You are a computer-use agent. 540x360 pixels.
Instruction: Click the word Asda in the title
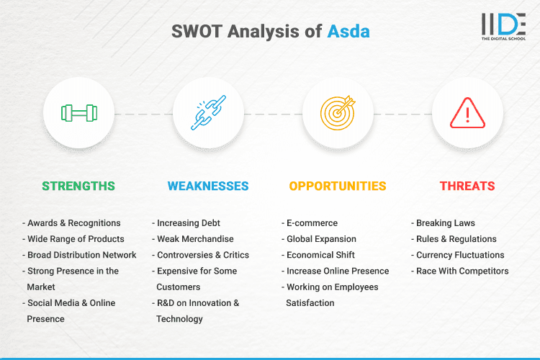point(348,32)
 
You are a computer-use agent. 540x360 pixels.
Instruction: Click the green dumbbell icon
point(78,113)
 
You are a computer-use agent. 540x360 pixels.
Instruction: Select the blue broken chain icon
point(208,113)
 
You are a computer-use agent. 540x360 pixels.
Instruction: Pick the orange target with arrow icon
point(338,113)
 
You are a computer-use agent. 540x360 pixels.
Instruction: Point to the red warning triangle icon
point(467,113)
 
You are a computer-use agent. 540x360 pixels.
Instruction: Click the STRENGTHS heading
point(78,186)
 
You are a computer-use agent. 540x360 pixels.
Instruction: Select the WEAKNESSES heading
point(208,186)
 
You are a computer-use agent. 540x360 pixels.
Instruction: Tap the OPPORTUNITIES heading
point(338,186)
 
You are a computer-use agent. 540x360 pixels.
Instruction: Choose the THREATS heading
point(467,186)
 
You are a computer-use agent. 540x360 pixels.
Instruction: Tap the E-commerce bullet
point(312,223)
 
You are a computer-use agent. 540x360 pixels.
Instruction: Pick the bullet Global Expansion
point(321,239)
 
